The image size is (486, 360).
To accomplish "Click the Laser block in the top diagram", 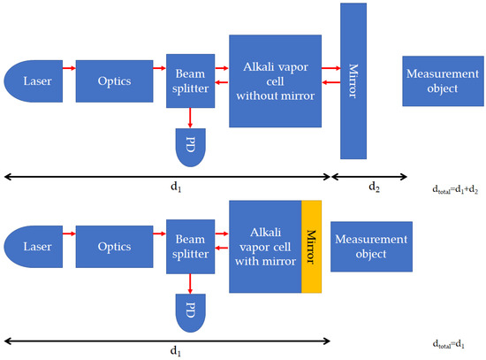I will point(31,81).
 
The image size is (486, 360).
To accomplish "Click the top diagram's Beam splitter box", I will point(191,81).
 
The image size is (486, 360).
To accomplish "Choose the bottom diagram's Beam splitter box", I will point(191,247).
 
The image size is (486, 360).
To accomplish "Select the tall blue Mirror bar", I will point(353,81).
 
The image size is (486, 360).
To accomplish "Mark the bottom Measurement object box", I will point(370,247).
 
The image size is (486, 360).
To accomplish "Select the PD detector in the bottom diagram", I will point(191,312).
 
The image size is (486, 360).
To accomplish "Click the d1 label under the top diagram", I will point(167,188).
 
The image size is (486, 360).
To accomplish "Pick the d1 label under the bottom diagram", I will point(167,351).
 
